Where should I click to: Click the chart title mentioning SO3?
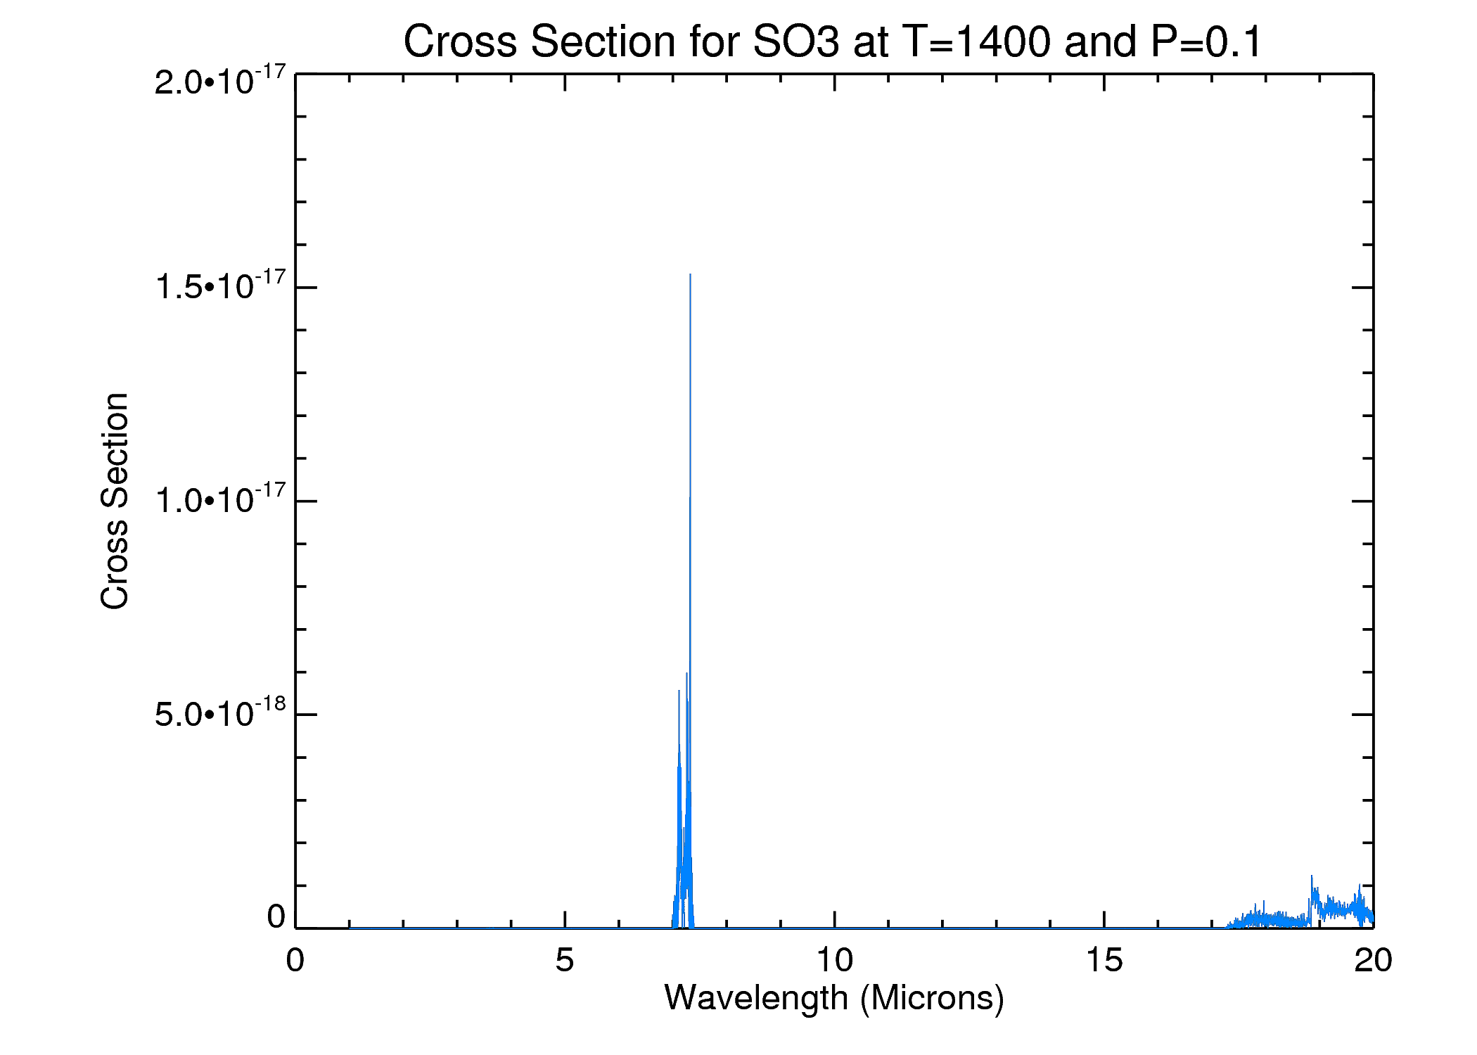click(833, 41)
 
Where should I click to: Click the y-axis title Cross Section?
click(115, 501)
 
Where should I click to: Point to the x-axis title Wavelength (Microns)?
click(834, 998)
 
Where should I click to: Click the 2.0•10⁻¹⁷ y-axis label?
click(220, 81)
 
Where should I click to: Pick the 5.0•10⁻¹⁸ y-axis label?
click(220, 713)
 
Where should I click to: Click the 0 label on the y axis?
click(276, 917)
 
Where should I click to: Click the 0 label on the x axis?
click(295, 961)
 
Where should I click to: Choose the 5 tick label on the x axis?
click(565, 961)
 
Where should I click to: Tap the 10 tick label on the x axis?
click(834, 961)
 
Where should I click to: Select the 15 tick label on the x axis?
click(1104, 961)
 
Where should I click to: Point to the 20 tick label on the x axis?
click(1373, 961)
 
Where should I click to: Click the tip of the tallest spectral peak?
click(690, 275)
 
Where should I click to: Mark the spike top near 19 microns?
click(1312, 876)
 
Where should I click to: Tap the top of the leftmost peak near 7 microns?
click(679, 691)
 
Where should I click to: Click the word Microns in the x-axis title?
click(933, 998)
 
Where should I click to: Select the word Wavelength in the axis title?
click(756, 998)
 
